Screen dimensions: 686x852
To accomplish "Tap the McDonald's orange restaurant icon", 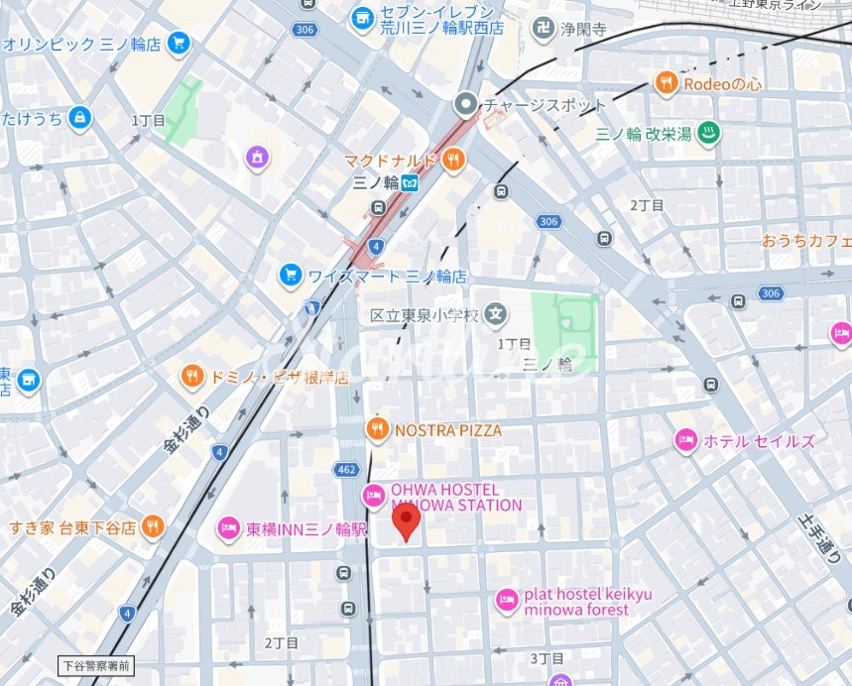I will (x=453, y=160).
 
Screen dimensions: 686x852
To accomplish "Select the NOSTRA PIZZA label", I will (x=448, y=430).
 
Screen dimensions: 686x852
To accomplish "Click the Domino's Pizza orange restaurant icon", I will (x=191, y=377).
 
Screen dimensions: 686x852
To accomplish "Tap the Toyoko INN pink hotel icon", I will (x=228, y=528).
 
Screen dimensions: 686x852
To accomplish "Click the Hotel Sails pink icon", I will (x=685, y=440).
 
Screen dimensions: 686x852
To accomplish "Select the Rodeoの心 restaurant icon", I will (x=667, y=84).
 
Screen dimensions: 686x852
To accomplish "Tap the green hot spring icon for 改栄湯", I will (x=707, y=134).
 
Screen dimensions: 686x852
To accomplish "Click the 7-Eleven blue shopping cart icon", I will (x=362, y=17).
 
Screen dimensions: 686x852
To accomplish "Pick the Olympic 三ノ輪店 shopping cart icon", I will (x=179, y=44).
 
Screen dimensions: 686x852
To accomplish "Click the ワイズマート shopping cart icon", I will (x=291, y=275).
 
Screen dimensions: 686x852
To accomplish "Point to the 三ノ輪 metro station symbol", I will (x=410, y=182).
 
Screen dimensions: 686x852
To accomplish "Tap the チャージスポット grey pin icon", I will (x=465, y=104).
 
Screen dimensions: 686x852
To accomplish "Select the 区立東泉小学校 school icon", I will (x=497, y=315).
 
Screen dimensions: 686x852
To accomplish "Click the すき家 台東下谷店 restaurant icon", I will (x=152, y=526).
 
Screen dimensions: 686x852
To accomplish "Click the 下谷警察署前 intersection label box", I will (x=94, y=665).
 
